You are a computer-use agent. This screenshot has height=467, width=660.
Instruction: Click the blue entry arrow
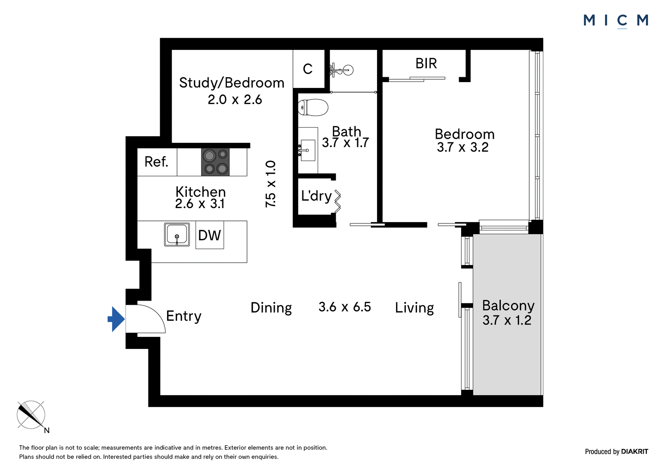tap(116, 319)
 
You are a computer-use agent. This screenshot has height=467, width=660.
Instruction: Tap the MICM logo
tap(616, 21)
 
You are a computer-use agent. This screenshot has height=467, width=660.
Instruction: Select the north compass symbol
tap(32, 416)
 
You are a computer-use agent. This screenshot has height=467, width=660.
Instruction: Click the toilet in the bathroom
tap(313, 108)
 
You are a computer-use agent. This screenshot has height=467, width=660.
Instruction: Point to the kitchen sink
tap(177, 235)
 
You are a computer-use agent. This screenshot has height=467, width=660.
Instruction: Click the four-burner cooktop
tap(215, 162)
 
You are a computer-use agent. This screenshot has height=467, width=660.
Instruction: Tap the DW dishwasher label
tap(210, 235)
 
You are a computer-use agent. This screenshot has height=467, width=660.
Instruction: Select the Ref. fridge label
tap(156, 162)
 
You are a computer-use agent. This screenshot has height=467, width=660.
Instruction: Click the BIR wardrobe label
tap(426, 63)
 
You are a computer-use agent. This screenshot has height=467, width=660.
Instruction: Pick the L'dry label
tap(316, 196)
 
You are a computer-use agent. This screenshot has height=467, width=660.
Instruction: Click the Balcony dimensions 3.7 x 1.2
tap(507, 320)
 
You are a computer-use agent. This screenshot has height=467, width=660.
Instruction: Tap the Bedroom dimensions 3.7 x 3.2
tap(462, 147)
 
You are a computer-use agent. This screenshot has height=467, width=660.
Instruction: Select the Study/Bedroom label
tap(232, 83)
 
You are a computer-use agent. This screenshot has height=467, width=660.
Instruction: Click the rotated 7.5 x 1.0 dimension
tap(271, 184)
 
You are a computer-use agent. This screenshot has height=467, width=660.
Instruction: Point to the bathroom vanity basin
tap(308, 150)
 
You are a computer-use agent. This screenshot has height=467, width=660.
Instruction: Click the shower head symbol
tap(342, 70)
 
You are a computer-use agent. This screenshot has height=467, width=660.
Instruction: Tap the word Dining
tap(271, 308)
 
